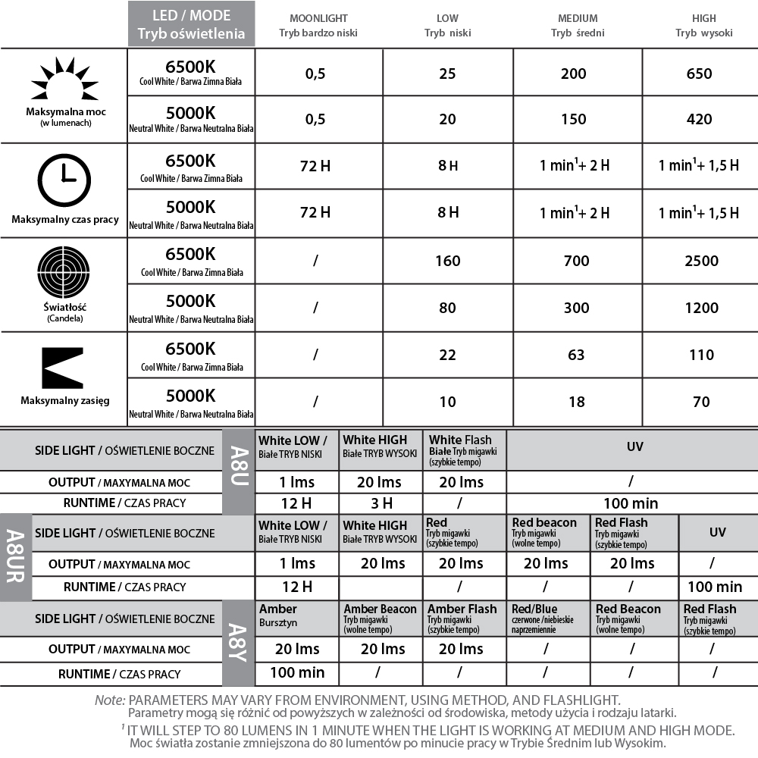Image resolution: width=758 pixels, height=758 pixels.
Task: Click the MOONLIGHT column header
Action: [x=318, y=25]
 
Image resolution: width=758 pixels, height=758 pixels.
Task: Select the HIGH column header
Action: [x=703, y=25]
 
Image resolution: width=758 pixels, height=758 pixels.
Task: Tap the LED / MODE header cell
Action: [x=191, y=24]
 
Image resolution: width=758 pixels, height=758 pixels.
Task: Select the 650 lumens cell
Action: [x=699, y=74]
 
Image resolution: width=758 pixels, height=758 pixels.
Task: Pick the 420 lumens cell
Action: [x=699, y=119]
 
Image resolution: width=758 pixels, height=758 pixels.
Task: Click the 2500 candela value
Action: [x=700, y=261]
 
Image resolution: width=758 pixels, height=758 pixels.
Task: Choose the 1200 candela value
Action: [x=700, y=308]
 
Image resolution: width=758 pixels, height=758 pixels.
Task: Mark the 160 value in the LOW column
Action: [x=448, y=261]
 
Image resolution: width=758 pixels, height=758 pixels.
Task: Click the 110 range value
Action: [x=701, y=355]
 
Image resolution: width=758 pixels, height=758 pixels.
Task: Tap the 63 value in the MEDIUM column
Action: [x=577, y=355]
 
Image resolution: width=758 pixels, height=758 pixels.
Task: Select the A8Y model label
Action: [x=237, y=643]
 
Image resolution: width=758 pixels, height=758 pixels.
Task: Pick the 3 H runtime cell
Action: [x=381, y=503]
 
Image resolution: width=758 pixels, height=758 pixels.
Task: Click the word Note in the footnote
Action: [x=109, y=700]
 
